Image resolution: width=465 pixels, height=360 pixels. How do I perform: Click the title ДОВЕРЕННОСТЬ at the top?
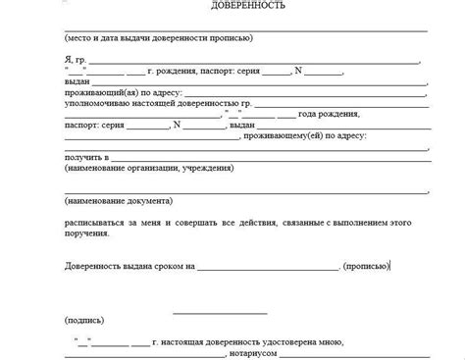pos(245,6)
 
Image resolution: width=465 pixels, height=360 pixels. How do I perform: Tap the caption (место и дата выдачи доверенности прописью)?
pos(158,38)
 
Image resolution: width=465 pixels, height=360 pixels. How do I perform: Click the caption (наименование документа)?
pos(119,201)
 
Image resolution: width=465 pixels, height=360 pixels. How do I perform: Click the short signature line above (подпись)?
pos(212,313)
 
